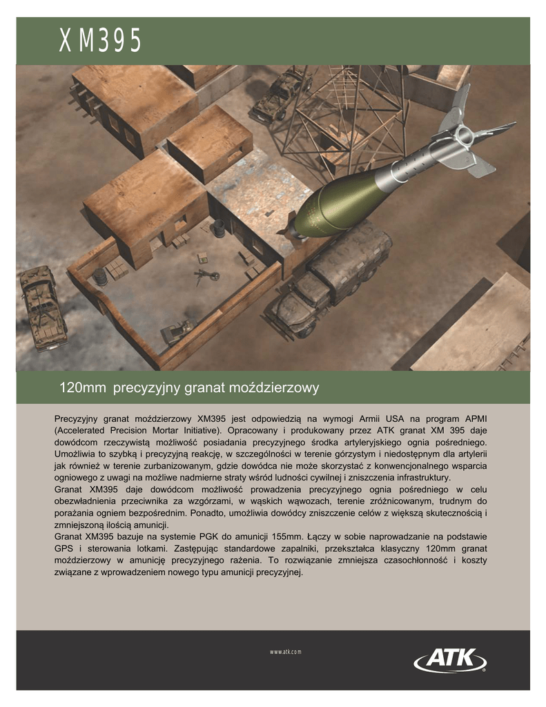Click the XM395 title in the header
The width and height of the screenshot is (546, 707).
click(100, 42)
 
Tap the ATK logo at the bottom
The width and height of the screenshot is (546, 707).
click(450, 659)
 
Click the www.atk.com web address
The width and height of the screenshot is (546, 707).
click(286, 652)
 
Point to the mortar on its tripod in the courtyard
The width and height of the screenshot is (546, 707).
click(206, 275)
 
